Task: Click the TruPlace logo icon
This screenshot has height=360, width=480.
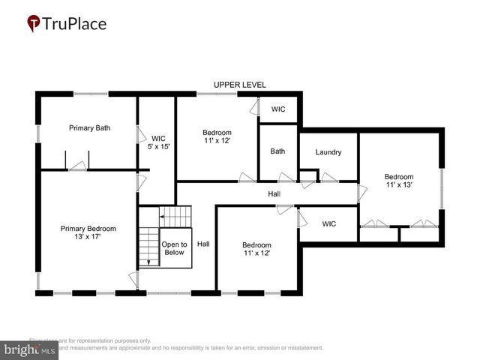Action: (34, 24)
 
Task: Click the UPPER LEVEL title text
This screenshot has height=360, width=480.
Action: (239, 85)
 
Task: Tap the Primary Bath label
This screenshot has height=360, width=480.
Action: (89, 128)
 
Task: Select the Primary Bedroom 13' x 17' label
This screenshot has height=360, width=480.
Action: (88, 232)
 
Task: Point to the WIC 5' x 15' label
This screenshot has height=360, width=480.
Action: (158, 142)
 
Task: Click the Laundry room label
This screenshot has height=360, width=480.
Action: (328, 152)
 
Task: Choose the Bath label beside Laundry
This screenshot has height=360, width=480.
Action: (277, 151)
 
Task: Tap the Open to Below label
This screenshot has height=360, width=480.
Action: (174, 249)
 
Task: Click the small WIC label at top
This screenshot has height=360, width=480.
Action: (278, 109)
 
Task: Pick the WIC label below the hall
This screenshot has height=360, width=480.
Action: (329, 223)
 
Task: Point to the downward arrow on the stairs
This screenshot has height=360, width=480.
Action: (148, 259)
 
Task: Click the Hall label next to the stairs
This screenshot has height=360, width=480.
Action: (203, 244)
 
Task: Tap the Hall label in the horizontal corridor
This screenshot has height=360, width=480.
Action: (274, 194)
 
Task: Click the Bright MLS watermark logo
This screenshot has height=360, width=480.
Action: (30, 349)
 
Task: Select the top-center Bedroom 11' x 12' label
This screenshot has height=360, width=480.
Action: (217, 136)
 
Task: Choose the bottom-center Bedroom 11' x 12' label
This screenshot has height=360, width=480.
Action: (256, 249)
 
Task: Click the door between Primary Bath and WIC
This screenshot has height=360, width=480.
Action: (139, 135)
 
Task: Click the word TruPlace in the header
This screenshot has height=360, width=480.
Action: (75, 24)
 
